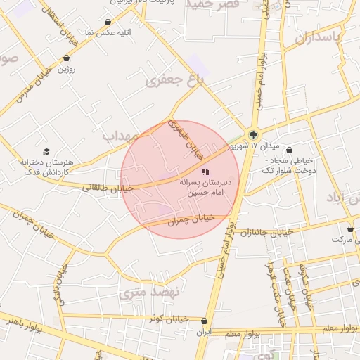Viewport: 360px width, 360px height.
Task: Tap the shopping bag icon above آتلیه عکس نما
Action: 107,22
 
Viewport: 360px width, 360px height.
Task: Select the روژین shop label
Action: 67,69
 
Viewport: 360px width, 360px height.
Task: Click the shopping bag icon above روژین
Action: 66,59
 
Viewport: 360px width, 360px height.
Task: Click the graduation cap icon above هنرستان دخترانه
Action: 46,152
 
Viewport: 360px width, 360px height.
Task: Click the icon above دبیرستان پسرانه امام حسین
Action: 205,171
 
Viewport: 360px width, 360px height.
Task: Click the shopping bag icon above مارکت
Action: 350,229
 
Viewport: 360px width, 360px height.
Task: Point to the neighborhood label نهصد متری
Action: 150,290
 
